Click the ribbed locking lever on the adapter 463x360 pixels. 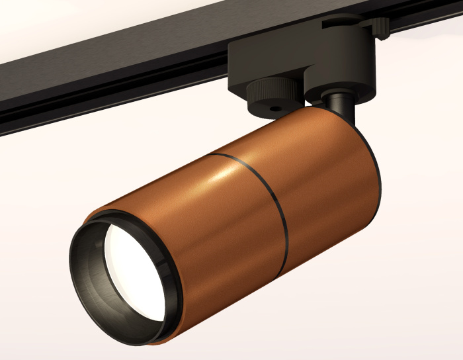pyautogui.click(x=378, y=27)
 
